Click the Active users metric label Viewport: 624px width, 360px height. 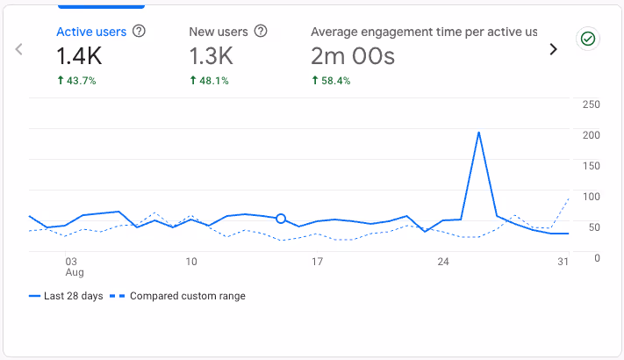point(91,32)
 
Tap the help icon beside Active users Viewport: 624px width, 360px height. point(139,32)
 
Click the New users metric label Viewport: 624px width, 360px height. point(219,32)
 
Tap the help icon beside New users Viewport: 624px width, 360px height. point(261,32)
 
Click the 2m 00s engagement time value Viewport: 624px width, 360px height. point(353,57)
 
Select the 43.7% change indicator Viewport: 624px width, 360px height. point(76,81)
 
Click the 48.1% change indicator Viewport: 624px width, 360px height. point(209,81)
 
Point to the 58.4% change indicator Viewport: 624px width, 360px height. point(331,81)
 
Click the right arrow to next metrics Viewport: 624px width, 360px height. point(553,49)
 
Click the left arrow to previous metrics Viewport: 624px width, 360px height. point(19,49)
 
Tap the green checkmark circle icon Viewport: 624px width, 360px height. point(587,39)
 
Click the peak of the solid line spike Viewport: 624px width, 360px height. point(478,133)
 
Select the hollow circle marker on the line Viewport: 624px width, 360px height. point(281,219)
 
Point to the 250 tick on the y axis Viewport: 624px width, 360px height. point(591,104)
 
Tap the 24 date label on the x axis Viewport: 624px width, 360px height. point(443,262)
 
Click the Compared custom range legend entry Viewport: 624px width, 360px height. point(179,296)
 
